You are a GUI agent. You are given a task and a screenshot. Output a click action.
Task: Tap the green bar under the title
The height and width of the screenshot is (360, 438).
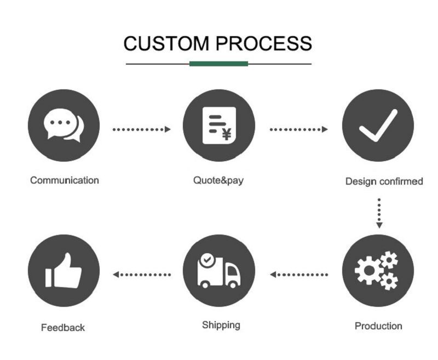coord(218,64)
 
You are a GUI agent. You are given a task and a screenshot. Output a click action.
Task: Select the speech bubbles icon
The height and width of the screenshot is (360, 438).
coord(64,125)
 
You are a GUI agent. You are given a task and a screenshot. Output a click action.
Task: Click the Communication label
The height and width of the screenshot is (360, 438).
coord(65,180)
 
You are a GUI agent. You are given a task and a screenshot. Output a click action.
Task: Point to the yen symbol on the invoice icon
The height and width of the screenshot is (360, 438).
coord(226,133)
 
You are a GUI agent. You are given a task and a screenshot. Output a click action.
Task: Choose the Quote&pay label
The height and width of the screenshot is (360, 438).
coord(218,180)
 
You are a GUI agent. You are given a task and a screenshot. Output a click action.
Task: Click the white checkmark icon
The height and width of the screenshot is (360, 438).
coord(378,125)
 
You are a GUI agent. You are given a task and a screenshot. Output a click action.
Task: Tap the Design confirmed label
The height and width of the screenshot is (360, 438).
coord(384,181)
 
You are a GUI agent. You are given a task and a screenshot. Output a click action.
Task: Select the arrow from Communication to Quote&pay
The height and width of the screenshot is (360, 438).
coord(141,129)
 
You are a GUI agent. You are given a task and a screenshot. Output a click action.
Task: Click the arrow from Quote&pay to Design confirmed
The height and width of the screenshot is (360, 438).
coord(298,129)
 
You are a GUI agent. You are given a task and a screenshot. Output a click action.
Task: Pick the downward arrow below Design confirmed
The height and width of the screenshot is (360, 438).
coord(379,213)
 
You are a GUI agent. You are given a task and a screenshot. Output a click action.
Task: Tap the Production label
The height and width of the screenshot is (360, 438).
coord(378,326)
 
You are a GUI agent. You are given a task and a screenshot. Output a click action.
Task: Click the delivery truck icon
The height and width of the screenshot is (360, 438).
coord(218,271)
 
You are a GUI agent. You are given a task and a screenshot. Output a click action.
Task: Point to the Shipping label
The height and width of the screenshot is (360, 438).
coord(221,325)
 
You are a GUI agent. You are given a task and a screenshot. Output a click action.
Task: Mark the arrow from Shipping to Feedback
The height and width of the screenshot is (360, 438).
coord(142,275)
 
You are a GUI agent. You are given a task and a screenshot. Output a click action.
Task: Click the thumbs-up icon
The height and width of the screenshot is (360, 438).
coord(64,271)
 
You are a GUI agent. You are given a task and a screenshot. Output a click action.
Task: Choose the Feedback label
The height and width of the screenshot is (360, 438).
coord(63,328)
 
